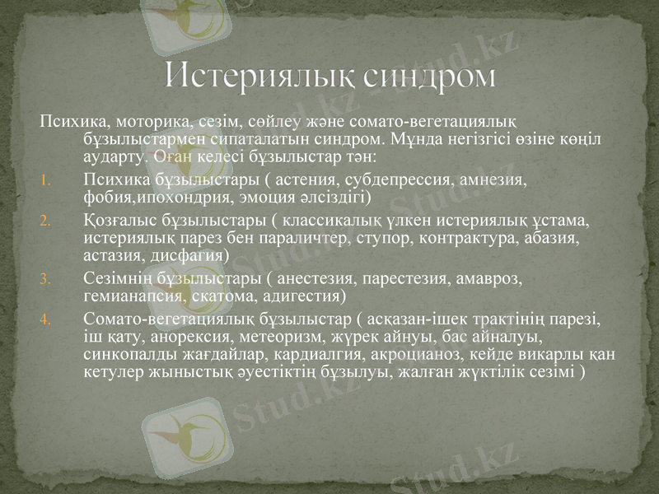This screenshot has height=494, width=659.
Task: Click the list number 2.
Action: tap(46, 221)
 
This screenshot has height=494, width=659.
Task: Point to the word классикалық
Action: tap(330, 221)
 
